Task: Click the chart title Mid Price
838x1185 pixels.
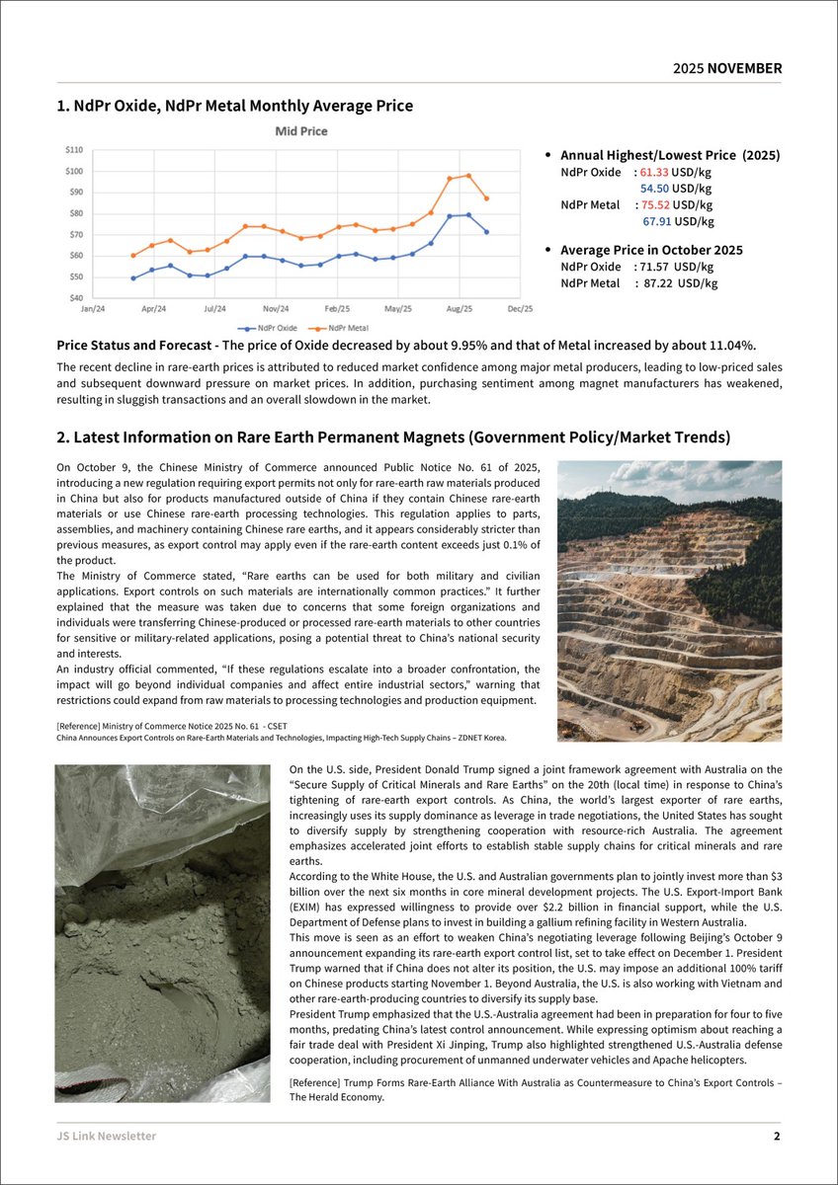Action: point(300,131)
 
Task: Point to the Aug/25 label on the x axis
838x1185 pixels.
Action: point(459,309)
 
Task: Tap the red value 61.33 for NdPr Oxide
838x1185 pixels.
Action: point(654,172)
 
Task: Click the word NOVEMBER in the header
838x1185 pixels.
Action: point(744,69)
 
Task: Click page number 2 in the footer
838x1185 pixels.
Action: point(777,1136)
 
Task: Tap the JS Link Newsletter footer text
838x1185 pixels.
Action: point(106,1136)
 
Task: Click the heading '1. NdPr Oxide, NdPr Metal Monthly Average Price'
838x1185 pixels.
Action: point(234,106)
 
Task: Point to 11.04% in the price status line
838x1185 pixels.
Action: point(732,345)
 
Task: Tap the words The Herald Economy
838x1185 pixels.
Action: point(336,1097)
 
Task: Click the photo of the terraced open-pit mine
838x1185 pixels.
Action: point(670,600)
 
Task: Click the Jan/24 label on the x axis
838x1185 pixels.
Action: point(94,309)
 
